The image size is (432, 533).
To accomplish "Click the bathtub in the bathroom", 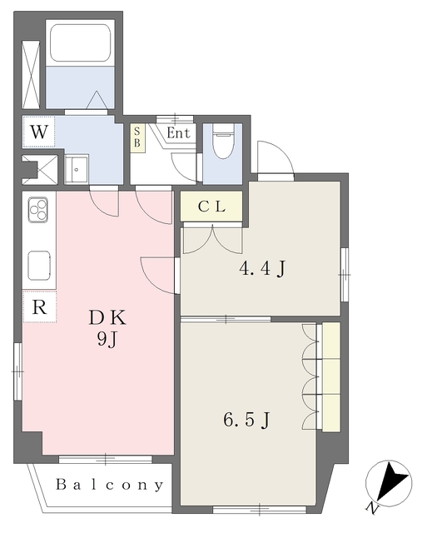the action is (x=80, y=42).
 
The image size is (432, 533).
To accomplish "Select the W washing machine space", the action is (x=39, y=132).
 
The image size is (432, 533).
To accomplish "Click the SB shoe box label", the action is (x=137, y=137).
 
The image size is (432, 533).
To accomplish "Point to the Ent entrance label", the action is (x=178, y=133).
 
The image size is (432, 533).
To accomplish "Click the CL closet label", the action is (x=212, y=207).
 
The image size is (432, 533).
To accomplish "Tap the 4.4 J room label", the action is (x=262, y=270).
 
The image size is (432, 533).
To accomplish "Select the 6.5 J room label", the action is (x=247, y=420).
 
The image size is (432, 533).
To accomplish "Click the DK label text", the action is (x=107, y=318).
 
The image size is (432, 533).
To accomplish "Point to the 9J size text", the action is (x=107, y=339).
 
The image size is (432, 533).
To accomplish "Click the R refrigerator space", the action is (x=39, y=306).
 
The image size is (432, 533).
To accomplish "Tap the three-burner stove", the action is (x=38, y=209).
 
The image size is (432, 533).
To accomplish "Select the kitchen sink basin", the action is (x=39, y=266).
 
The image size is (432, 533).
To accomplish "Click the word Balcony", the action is (x=109, y=485).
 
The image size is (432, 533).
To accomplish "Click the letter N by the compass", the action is (x=372, y=508).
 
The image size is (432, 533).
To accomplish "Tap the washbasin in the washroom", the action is (x=77, y=169).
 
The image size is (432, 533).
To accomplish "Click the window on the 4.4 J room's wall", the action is (x=345, y=274).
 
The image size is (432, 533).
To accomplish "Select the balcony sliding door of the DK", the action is (x=105, y=459).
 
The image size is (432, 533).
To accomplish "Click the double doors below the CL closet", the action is (x=212, y=239).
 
